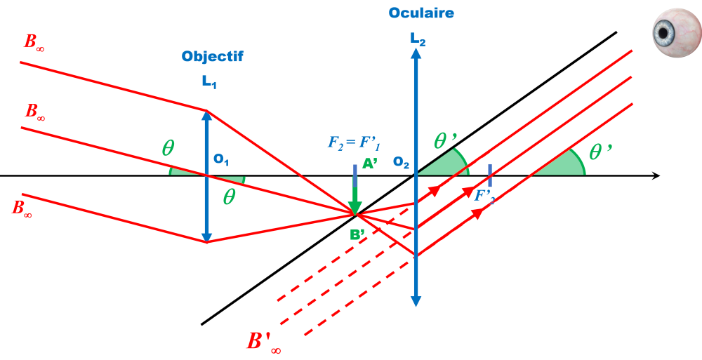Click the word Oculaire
click(420, 13)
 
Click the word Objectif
click(212, 57)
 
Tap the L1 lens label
click(209, 83)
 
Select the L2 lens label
click(418, 39)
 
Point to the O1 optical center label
click(221, 161)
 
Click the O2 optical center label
click(401, 163)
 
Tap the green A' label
click(369, 166)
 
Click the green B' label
click(357, 235)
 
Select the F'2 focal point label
click(484, 195)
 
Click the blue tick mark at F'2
click(489, 175)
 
